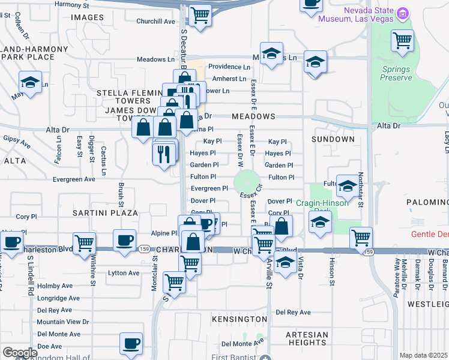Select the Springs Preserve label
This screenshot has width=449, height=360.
(x=397, y=73)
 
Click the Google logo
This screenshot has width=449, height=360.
(x=20, y=353)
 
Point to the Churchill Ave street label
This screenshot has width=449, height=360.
(x=155, y=22)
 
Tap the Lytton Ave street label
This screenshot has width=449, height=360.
(x=124, y=273)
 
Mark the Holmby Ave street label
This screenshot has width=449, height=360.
(x=53, y=286)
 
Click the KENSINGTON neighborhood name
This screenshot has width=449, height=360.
(x=239, y=319)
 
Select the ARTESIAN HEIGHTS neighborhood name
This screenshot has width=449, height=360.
(x=306, y=338)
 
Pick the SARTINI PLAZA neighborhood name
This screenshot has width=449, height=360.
(x=97, y=213)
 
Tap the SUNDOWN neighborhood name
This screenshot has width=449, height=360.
(x=333, y=139)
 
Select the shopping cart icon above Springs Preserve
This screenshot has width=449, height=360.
(x=402, y=40)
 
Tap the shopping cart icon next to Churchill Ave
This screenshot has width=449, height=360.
(x=200, y=14)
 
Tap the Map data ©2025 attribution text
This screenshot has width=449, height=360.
(x=423, y=355)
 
